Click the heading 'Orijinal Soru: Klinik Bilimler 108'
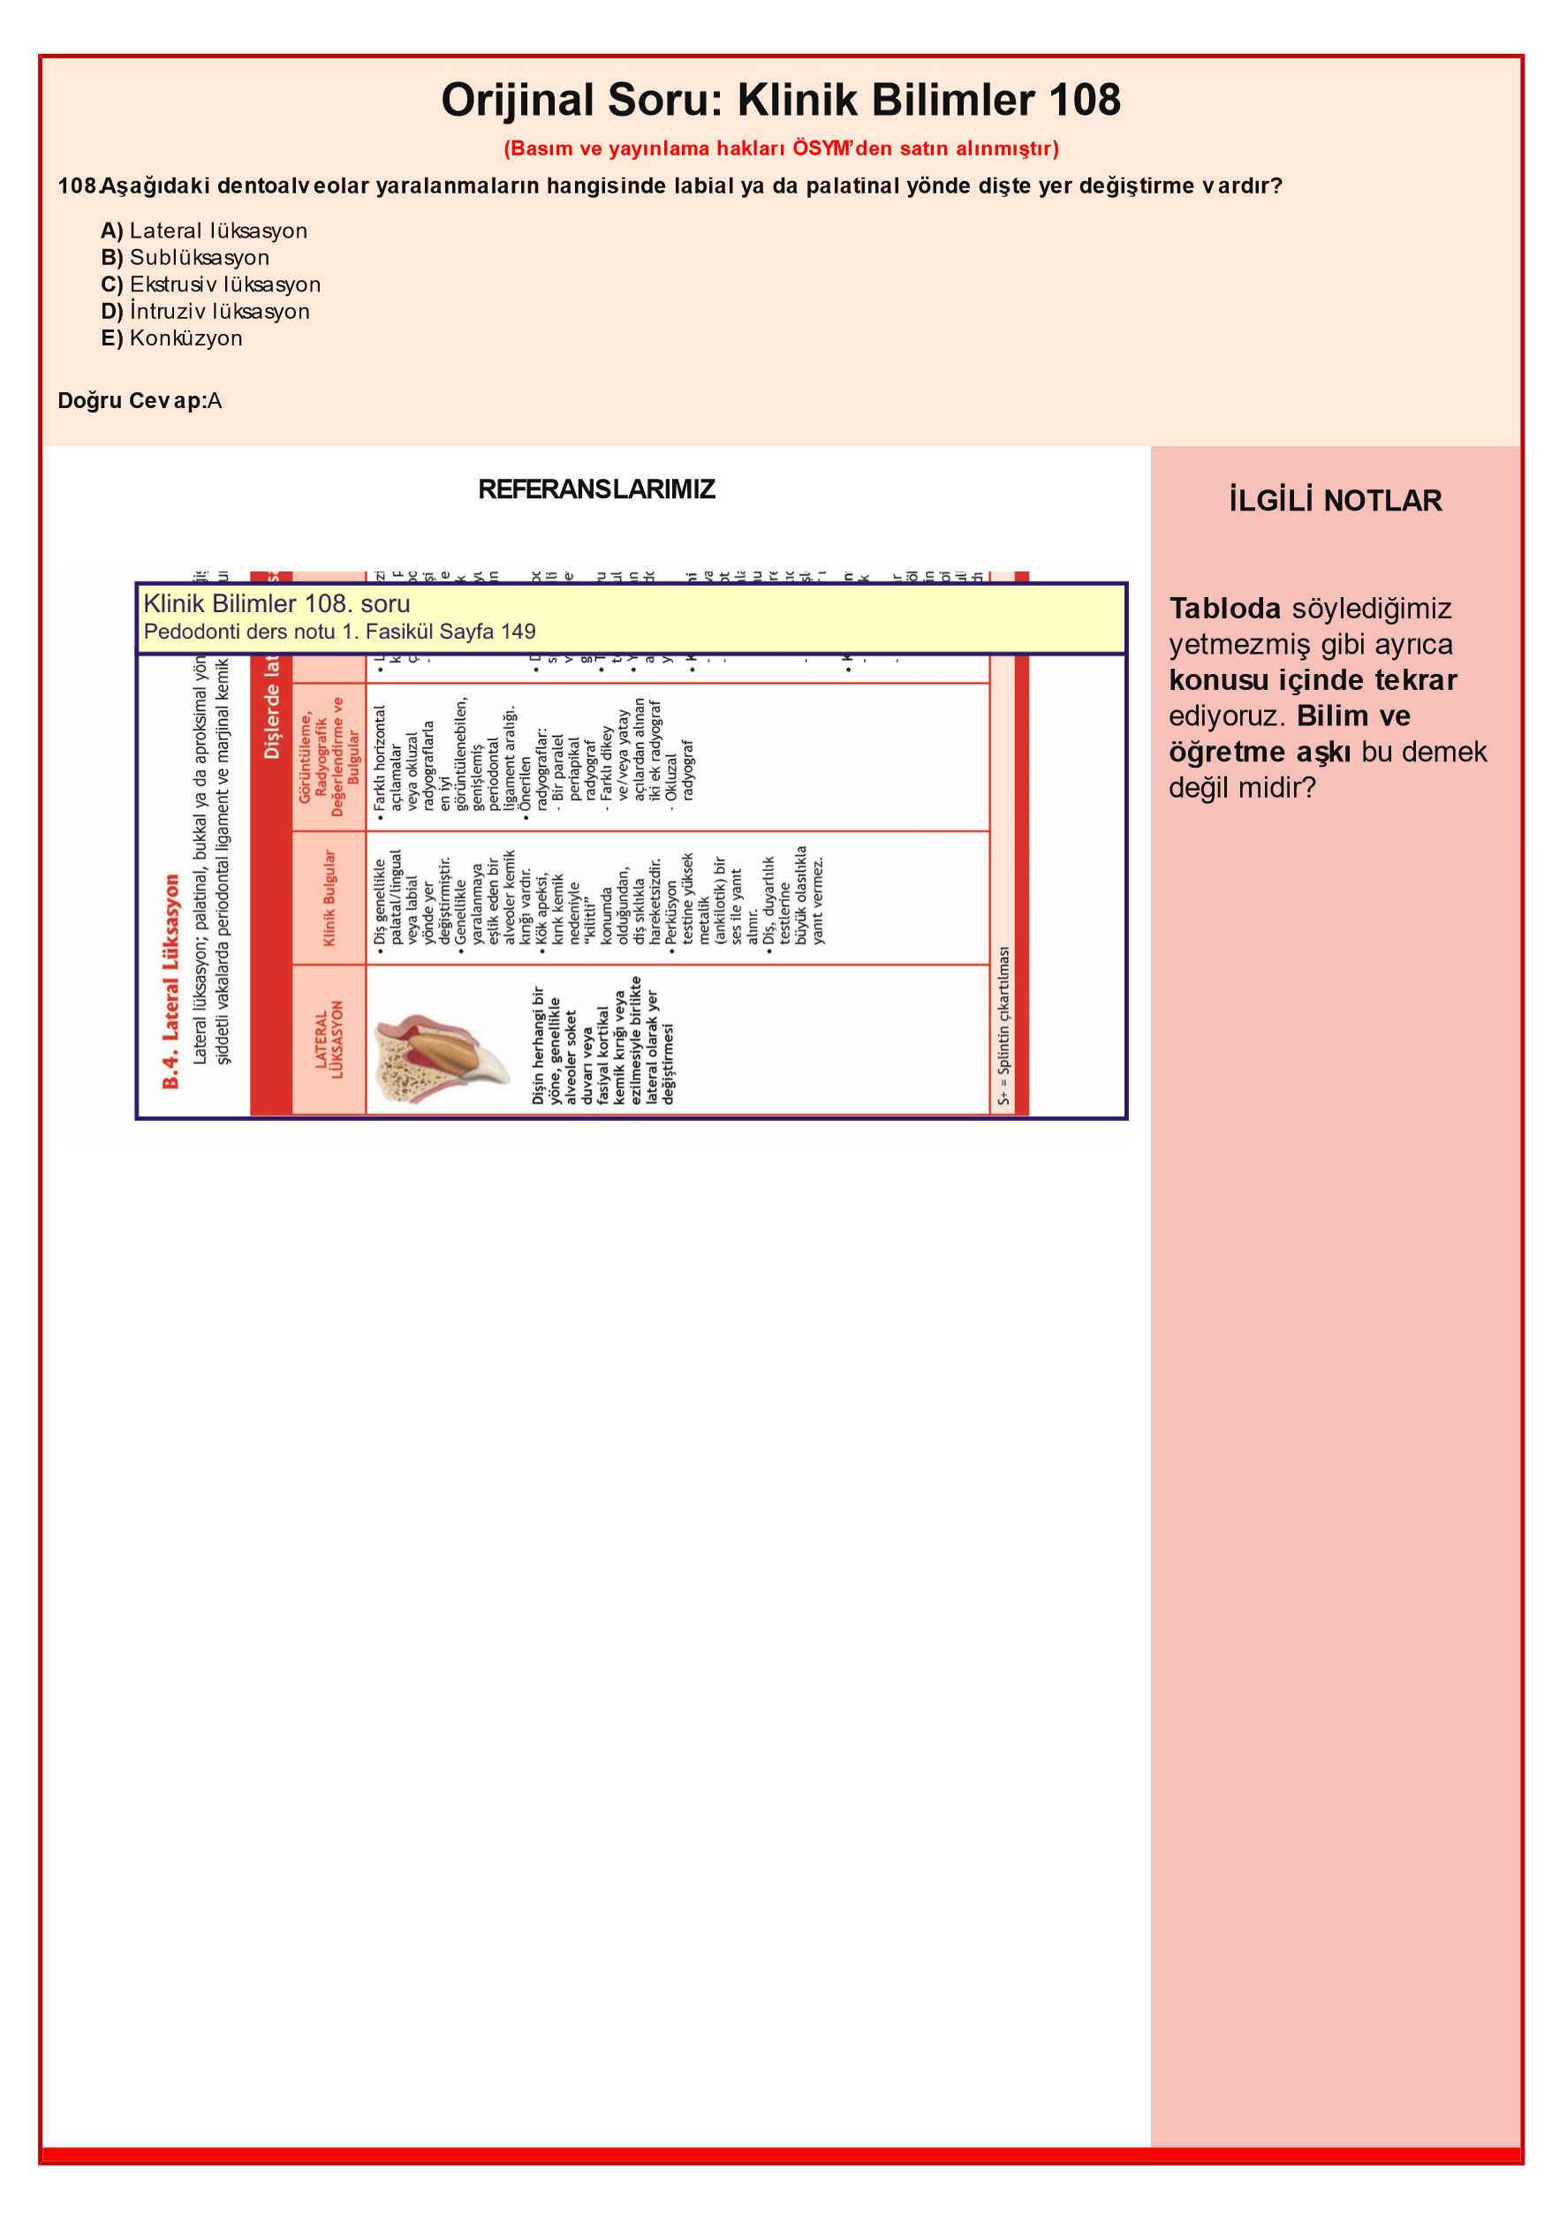tap(780, 101)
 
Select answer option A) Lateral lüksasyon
tap(204, 231)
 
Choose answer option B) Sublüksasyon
tap(185, 258)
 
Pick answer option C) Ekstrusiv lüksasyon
tap(211, 285)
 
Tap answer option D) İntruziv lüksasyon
tap(205, 312)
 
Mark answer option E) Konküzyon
tap(171, 338)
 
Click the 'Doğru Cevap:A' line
tap(140, 401)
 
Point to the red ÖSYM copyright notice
tap(780, 148)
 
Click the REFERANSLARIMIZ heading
tap(596, 489)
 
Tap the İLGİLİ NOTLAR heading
tap(1335, 501)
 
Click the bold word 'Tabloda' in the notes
tap(1223, 609)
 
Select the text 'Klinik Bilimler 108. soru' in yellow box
tap(276, 604)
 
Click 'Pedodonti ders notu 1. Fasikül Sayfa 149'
tap(339, 632)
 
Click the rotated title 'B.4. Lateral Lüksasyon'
tap(171, 981)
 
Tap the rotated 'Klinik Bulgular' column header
tap(329, 897)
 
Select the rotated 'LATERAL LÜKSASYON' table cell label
tap(329, 1039)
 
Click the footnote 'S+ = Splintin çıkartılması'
tap(1003, 1026)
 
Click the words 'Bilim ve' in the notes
tap(1352, 716)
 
